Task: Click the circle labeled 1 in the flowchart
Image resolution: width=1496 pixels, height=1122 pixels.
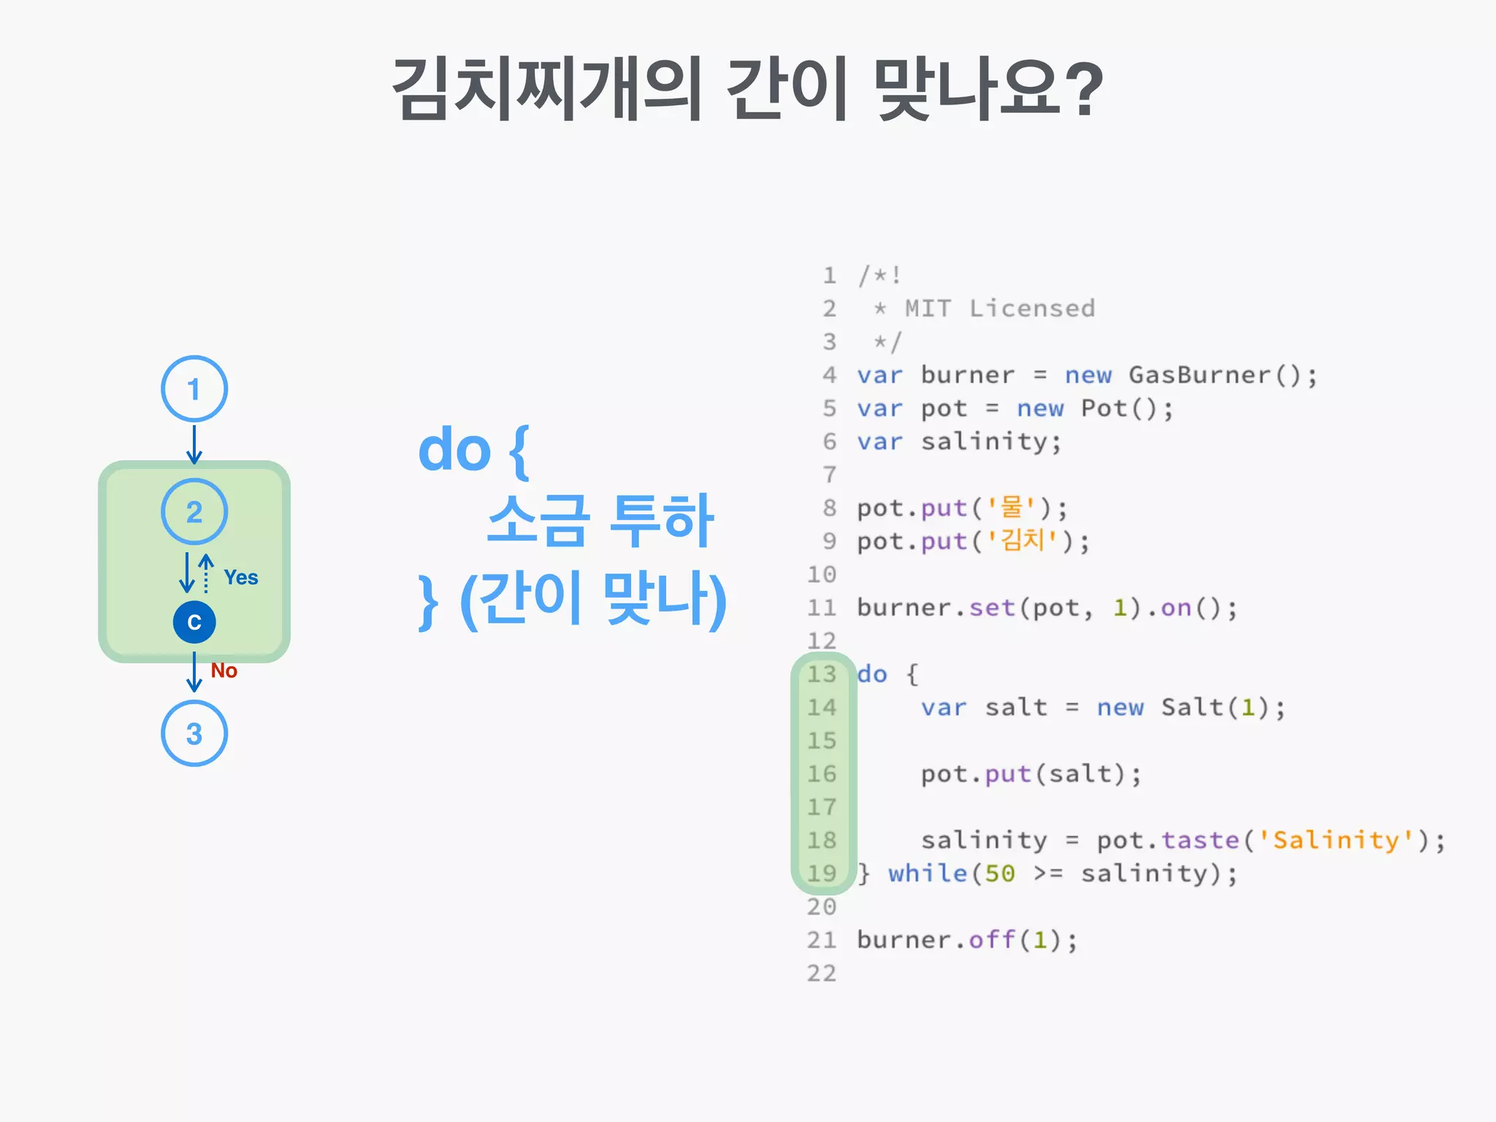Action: coord(194,389)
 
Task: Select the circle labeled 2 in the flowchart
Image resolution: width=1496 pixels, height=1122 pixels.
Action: coord(194,511)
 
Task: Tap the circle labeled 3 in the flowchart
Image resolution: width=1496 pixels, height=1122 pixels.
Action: coord(194,733)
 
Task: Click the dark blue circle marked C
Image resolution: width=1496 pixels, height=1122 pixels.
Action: coord(194,622)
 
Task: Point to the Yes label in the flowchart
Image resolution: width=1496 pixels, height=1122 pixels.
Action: coord(241,577)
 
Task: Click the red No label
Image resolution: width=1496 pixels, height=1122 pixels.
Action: coord(224,671)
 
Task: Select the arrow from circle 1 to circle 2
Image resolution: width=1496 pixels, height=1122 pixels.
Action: coord(194,443)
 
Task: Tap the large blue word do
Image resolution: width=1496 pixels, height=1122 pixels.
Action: coord(454,450)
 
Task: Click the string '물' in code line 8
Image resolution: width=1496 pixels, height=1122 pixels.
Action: coord(1012,507)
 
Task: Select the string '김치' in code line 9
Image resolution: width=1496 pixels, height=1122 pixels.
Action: coord(1023,541)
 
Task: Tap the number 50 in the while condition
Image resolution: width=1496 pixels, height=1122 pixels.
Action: coord(1000,874)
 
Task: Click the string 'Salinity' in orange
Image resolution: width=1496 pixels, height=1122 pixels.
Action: coord(1336,840)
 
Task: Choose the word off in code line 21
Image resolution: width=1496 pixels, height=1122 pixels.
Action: coord(992,939)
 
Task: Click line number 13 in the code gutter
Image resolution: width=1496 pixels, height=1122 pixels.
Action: coord(822,673)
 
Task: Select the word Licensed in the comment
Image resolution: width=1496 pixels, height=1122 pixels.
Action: coord(1032,308)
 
